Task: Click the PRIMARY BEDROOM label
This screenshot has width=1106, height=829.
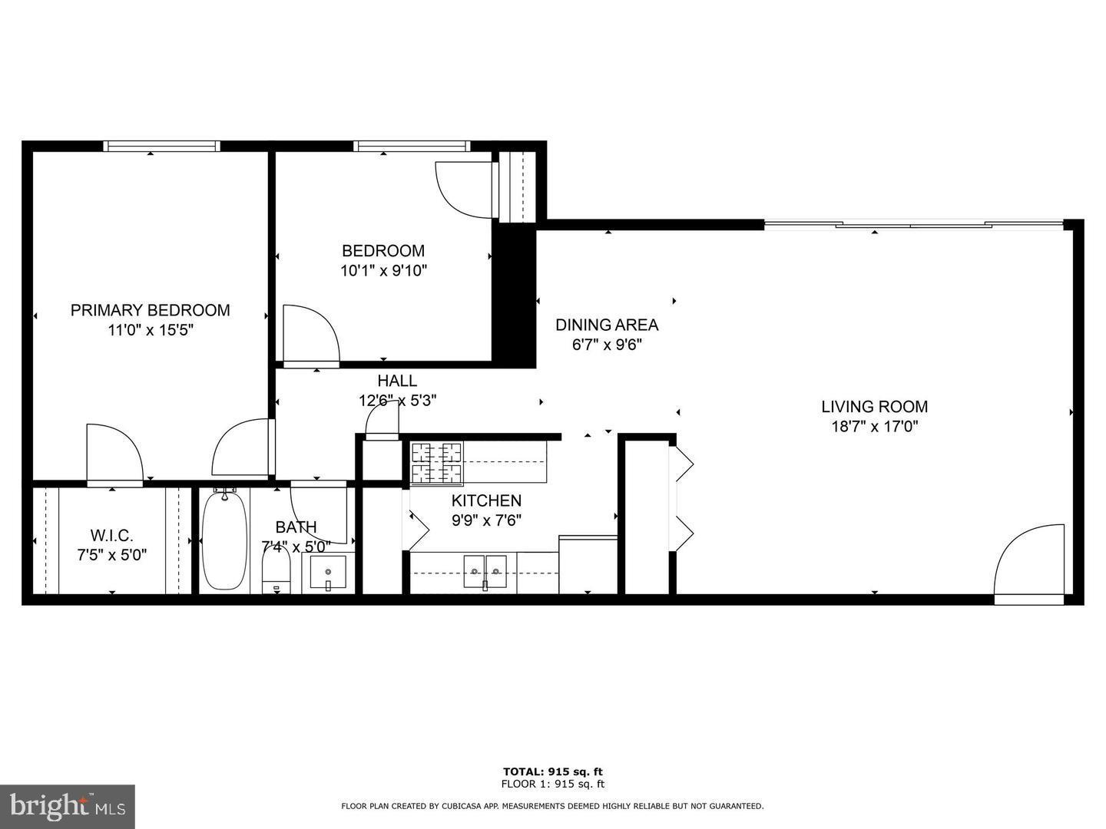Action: pyautogui.click(x=150, y=310)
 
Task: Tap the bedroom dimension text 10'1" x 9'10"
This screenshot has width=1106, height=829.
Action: pyautogui.click(x=383, y=270)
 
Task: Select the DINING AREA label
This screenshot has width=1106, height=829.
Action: pyautogui.click(x=607, y=325)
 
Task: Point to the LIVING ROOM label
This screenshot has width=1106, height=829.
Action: pyautogui.click(x=874, y=407)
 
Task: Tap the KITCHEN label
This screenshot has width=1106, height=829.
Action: pyautogui.click(x=486, y=501)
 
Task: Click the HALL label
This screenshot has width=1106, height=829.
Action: pyautogui.click(x=397, y=381)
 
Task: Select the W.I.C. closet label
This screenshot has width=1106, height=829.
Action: pyautogui.click(x=112, y=534)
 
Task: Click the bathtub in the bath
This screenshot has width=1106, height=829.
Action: pyautogui.click(x=224, y=540)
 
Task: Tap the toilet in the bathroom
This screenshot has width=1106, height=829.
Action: pyautogui.click(x=276, y=572)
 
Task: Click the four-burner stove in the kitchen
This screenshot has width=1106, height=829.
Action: pyautogui.click(x=437, y=464)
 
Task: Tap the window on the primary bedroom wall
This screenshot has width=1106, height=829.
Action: pyautogui.click(x=161, y=146)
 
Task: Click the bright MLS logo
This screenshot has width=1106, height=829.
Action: pyautogui.click(x=68, y=806)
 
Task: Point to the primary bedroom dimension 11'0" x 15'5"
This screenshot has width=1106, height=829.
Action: pyautogui.click(x=150, y=330)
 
